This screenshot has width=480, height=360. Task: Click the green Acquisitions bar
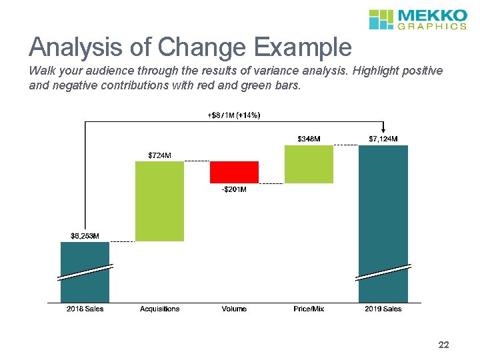(x=159, y=201)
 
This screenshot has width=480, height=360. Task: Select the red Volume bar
(x=234, y=172)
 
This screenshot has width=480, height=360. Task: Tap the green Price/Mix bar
(x=309, y=164)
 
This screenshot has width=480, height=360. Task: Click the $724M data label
(x=159, y=155)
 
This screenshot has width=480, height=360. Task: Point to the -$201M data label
(x=234, y=190)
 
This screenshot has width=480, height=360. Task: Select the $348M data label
(x=309, y=139)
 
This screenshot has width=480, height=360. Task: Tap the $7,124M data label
(x=383, y=139)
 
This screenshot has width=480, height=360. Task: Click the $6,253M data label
(x=85, y=235)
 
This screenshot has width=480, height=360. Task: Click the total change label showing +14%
(x=234, y=115)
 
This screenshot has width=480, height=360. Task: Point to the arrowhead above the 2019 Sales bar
(x=383, y=131)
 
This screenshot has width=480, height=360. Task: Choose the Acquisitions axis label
(x=159, y=309)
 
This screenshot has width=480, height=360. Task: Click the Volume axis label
(x=234, y=309)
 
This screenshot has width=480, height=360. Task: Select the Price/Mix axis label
(x=309, y=309)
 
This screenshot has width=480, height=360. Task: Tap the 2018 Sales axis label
(x=85, y=309)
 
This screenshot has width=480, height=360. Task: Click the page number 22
(x=443, y=345)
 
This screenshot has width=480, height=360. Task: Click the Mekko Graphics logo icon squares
(x=381, y=19)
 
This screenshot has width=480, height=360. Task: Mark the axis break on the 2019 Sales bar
(x=383, y=272)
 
